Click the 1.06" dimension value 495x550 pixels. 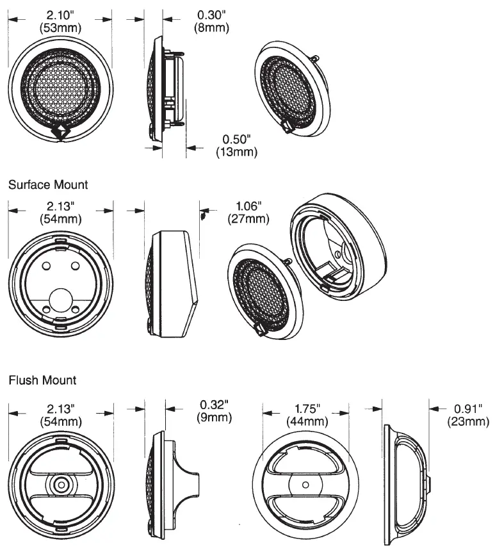pos(249,206)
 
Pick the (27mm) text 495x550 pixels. pos(249,219)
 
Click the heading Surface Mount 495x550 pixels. pos(48,184)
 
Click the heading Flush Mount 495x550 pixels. pos(42,380)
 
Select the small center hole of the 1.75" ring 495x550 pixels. pos(306,485)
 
